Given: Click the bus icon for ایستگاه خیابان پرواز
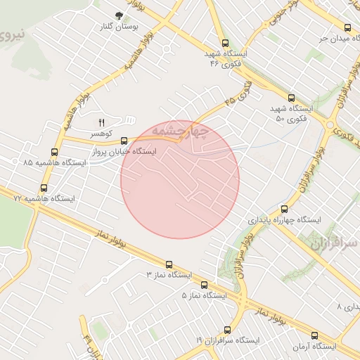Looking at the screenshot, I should (124, 141).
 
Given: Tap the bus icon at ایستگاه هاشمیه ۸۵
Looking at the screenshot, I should (55, 152).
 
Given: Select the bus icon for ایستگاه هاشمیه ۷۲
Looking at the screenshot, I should (44, 188).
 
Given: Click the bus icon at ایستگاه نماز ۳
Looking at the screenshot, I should (169, 264).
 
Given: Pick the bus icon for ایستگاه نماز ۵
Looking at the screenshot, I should (205, 285).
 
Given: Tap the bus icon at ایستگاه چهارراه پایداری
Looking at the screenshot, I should (284, 209).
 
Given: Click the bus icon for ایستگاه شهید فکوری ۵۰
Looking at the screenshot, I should (292, 98).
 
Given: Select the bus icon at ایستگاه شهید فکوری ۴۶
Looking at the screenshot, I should (225, 44).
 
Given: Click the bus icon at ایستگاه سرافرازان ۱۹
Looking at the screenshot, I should (227, 330).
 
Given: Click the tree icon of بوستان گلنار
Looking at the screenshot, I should (119, 15).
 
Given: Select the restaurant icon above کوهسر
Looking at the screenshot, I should (101, 123).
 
